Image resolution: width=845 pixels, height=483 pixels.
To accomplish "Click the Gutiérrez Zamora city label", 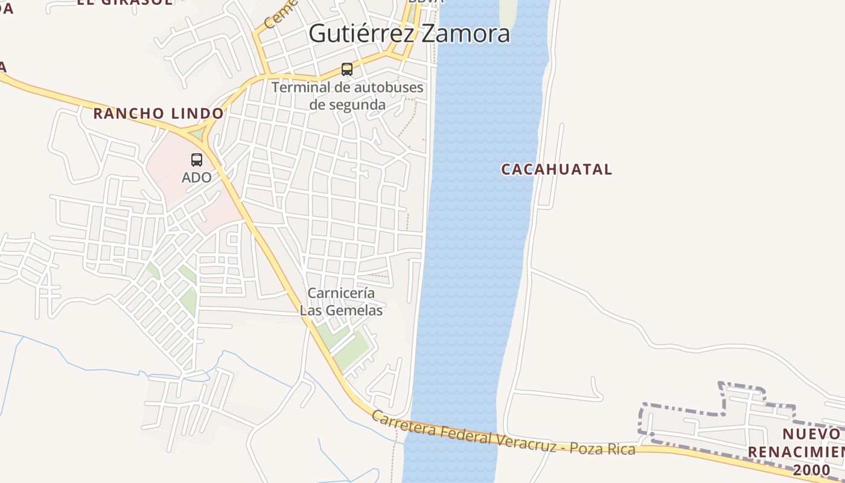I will [409, 33].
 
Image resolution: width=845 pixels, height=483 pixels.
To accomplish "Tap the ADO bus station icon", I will [197, 160].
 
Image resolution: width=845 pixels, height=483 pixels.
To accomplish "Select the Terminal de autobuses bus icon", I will [347, 69].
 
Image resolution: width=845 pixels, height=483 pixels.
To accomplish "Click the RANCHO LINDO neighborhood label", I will [158, 113].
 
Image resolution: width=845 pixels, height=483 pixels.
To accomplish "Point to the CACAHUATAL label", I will [556, 169].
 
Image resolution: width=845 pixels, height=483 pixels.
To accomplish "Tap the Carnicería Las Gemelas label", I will [342, 301].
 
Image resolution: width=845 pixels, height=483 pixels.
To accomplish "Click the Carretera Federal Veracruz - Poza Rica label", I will [503, 433].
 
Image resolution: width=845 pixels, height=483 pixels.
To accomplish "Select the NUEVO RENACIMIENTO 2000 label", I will [797, 452].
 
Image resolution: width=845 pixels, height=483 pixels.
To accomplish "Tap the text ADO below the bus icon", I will [197, 178].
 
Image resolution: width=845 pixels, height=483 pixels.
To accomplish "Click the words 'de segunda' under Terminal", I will [347, 104].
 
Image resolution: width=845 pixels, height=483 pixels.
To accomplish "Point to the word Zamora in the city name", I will [465, 33].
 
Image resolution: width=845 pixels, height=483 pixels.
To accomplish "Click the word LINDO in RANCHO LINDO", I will [197, 113].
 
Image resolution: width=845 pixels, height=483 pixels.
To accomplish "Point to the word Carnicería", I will [342, 293].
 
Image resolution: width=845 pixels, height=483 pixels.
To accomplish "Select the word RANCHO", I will [129, 113].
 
